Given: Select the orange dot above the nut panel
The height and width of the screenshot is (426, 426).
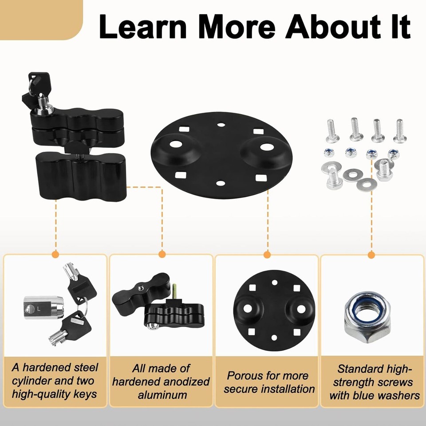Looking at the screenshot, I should pos(372,255).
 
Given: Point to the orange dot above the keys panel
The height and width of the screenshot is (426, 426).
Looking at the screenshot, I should pos(55,255).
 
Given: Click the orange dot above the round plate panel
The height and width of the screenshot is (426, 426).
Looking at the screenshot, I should pos(267,255).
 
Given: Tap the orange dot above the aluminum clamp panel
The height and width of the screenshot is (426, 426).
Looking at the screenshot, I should pos(162,255).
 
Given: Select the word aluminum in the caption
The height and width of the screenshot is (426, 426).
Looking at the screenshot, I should pos(162,394).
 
